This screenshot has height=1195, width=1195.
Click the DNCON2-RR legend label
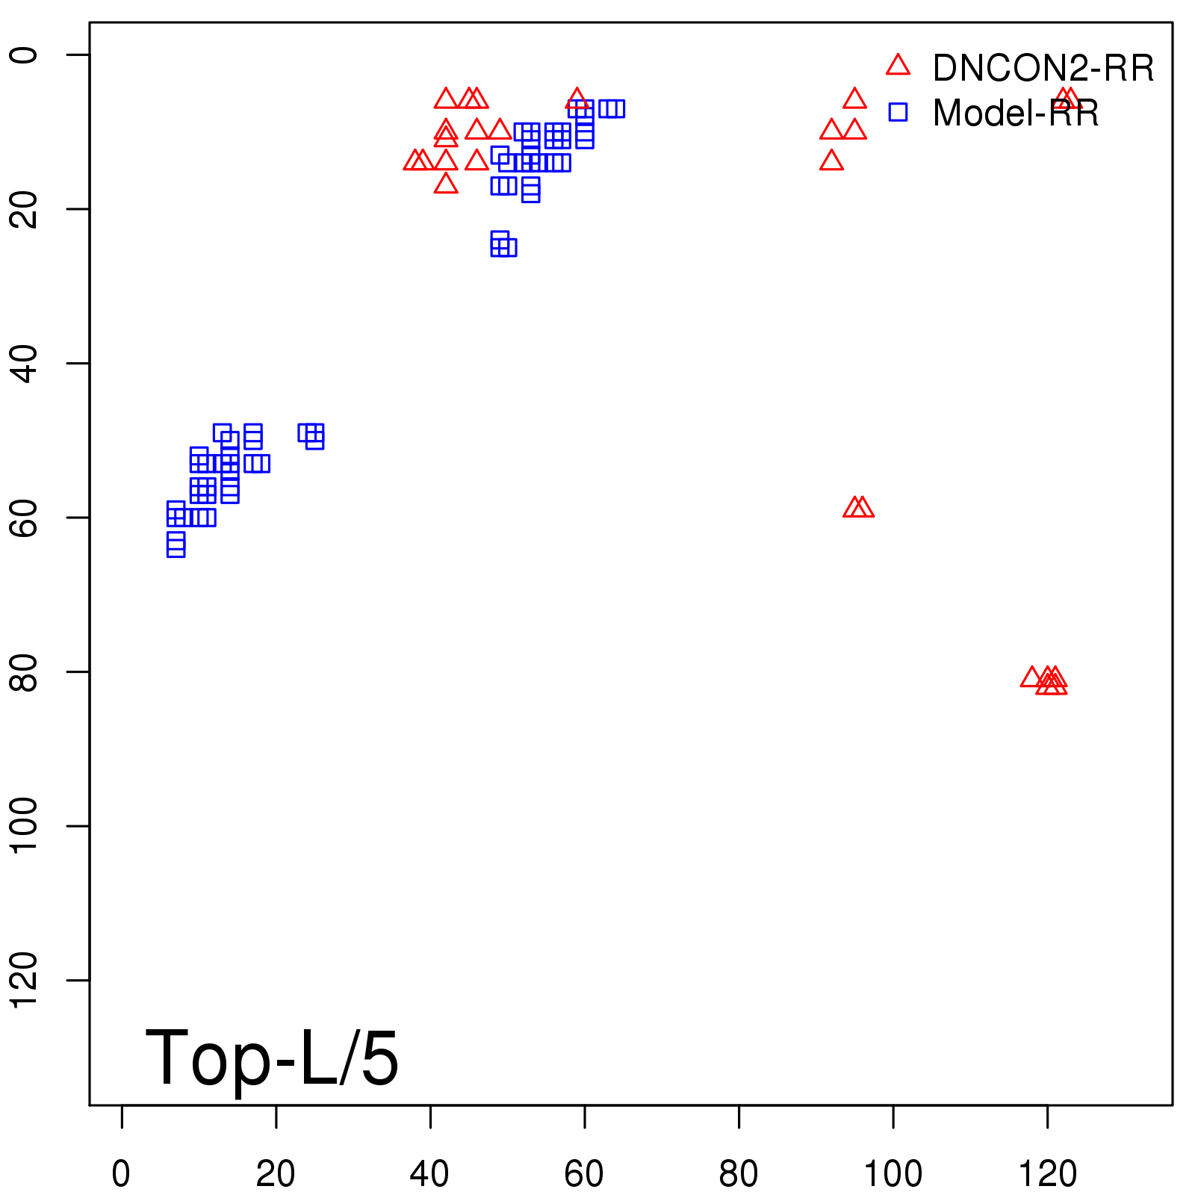1043,68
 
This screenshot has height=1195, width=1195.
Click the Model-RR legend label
1016,114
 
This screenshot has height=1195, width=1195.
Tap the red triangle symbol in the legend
898,66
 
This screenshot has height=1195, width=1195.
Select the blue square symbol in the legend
898,112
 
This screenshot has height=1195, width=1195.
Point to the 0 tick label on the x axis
121,1173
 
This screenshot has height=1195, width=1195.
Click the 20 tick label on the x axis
276,1173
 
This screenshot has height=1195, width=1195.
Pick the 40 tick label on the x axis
429,1173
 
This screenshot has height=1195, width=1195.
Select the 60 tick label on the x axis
584,1173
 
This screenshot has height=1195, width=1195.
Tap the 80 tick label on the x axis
738,1173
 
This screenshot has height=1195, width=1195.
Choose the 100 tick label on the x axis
893,1173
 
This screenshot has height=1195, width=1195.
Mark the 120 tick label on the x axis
1047,1173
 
